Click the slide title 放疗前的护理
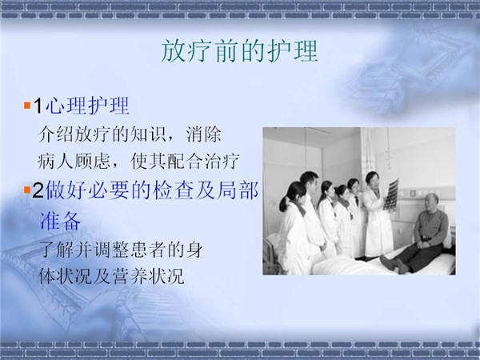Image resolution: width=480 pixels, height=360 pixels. click(x=239, y=51)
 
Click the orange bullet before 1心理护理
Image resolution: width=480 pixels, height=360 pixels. click(x=27, y=106)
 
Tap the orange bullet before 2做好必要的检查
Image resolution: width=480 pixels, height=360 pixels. click(x=27, y=190)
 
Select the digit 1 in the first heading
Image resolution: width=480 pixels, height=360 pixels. click(x=38, y=106)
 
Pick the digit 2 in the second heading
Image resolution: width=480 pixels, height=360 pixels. click(x=38, y=190)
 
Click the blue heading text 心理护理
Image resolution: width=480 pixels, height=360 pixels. click(x=87, y=106)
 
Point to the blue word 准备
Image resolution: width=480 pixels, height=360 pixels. click(x=60, y=221)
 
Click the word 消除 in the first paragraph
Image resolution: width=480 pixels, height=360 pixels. click(x=203, y=134)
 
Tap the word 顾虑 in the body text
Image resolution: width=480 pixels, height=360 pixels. click(x=91, y=162)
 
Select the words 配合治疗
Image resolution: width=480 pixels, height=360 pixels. click(x=203, y=162)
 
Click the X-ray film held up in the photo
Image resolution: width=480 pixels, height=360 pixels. click(x=391, y=194)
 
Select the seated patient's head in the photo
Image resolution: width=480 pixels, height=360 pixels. click(x=430, y=202)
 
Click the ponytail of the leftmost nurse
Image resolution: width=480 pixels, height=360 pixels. click(x=284, y=203)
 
